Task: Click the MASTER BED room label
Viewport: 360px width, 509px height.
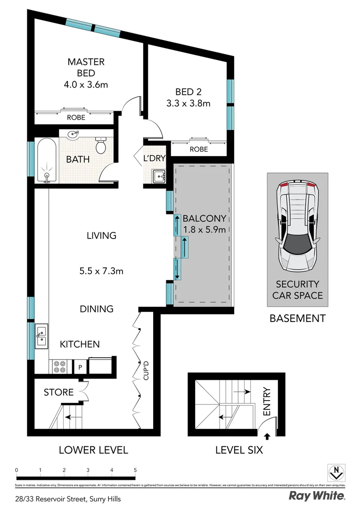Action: click(x=86, y=67)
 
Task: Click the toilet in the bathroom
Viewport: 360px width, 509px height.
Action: click(x=101, y=146)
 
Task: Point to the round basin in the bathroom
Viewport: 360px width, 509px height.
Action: click(x=73, y=135)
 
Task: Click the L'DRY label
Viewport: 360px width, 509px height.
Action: click(x=154, y=158)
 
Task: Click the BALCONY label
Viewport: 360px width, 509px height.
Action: click(x=205, y=219)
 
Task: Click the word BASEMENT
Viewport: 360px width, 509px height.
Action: click(x=297, y=318)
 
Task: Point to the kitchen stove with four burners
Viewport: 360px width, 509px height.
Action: click(x=60, y=366)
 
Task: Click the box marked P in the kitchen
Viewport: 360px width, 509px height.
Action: click(x=80, y=367)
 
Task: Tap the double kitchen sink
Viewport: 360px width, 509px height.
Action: click(x=41, y=336)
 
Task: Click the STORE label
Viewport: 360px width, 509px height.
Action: click(x=58, y=392)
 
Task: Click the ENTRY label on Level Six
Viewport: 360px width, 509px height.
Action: click(x=267, y=402)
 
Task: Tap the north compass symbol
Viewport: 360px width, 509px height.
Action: click(x=336, y=472)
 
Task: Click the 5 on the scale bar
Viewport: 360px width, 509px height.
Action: click(x=135, y=470)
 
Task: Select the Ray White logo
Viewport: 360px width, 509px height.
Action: click(x=317, y=495)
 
